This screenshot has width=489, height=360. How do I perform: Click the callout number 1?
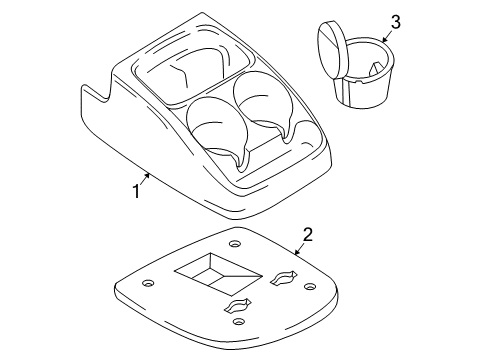136,192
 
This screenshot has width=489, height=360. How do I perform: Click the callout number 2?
308,234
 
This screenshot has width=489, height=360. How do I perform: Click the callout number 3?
395,22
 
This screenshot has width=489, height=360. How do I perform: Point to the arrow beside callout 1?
145,178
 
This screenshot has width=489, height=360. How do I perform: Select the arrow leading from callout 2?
299,249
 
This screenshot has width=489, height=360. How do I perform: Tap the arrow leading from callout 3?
386,37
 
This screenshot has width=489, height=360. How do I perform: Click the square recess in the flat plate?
218,274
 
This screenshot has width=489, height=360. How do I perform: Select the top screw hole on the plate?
235,244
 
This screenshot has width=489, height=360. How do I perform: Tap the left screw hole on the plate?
148,283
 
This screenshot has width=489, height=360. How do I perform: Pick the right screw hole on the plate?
310,286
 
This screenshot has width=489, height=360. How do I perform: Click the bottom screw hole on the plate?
238,322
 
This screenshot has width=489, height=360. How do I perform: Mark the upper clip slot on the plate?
283,278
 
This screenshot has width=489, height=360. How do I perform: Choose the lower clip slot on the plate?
238,305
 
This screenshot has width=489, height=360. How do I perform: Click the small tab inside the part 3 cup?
375,68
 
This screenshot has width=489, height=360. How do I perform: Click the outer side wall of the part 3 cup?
363,92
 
